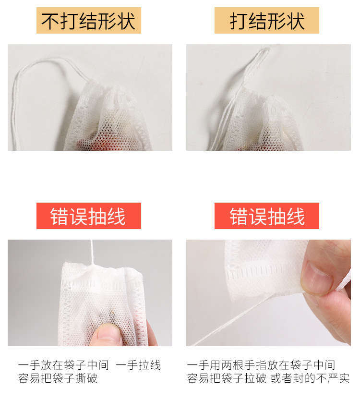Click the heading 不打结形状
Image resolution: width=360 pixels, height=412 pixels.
click(x=88, y=21)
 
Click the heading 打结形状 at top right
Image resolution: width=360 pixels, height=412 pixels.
click(x=267, y=21)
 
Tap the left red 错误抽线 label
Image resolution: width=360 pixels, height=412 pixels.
click(x=88, y=216)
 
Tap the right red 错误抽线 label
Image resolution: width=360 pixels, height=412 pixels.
click(x=267, y=216)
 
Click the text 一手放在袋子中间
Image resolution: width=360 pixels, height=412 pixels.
click(x=63, y=365)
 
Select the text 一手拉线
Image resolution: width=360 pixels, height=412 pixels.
click(x=138, y=365)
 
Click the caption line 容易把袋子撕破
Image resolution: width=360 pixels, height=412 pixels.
click(x=58, y=378)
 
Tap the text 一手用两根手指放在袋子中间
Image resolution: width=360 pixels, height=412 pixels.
click(x=261, y=365)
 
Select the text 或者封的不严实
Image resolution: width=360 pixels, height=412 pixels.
click(x=310, y=378)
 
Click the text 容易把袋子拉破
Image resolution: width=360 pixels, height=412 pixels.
click(x=227, y=378)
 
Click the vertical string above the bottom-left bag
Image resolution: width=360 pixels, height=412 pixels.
click(x=92, y=252)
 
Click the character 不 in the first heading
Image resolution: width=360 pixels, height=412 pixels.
click(x=50, y=21)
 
